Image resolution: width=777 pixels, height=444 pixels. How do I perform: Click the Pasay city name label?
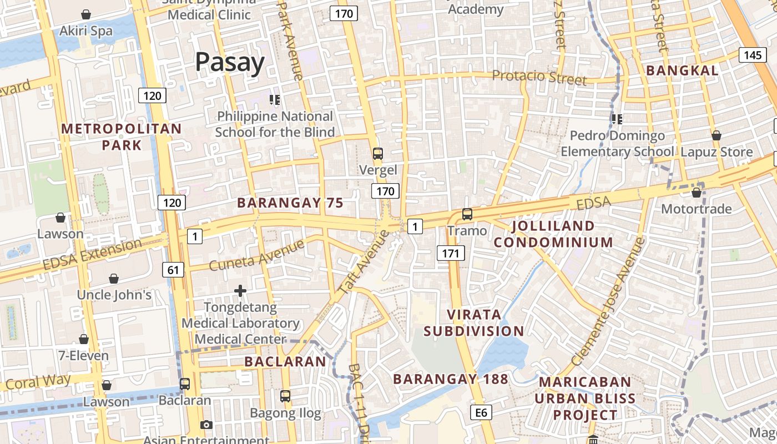[x=230, y=63]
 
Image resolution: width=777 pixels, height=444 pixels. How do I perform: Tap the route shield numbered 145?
[x=753, y=55]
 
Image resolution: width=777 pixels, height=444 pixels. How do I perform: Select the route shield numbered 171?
[x=450, y=254]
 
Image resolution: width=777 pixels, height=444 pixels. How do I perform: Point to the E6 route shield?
[x=481, y=412]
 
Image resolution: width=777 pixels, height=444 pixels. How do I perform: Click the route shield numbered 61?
[x=173, y=270]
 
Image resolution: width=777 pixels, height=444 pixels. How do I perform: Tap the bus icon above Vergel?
[x=378, y=154]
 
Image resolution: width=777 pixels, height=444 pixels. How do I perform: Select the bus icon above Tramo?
[x=467, y=214]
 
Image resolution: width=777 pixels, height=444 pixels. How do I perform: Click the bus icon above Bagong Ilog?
[x=285, y=396]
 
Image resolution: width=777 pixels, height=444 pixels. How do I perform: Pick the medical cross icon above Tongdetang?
[x=240, y=291]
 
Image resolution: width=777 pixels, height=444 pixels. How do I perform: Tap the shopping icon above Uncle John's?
[x=114, y=279]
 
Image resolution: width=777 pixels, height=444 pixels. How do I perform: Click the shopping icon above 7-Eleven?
[x=84, y=339]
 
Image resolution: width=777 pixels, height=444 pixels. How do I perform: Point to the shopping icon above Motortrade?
[x=697, y=193]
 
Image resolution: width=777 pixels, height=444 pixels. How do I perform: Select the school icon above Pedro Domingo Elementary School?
[x=617, y=119]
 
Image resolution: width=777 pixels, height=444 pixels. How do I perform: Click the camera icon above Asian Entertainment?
[x=206, y=425]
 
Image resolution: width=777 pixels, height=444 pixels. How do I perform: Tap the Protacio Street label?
[x=539, y=77]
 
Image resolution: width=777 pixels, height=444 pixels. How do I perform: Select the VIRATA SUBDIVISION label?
[x=474, y=323]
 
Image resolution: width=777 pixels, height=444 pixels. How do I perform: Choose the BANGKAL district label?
[x=682, y=70]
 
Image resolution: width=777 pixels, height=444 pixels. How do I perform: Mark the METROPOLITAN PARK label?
[x=121, y=137]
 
